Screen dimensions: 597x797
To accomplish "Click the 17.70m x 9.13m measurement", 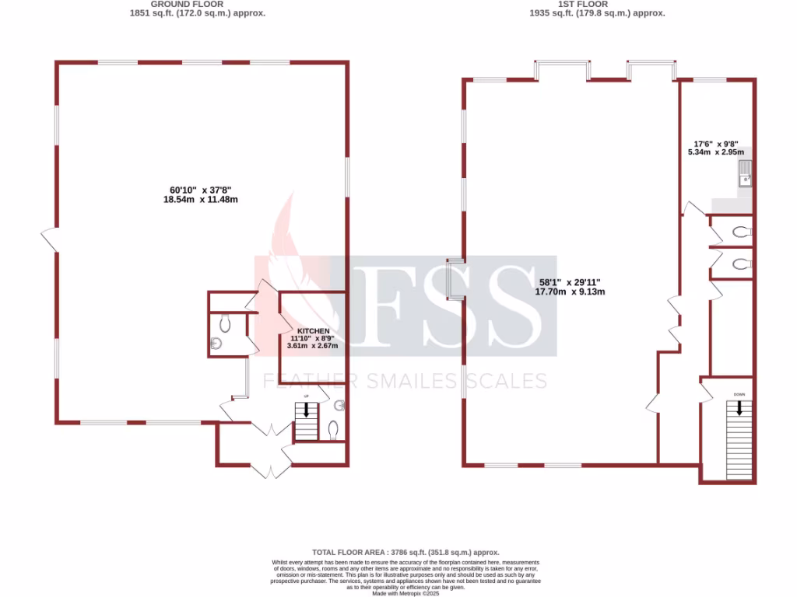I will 570,292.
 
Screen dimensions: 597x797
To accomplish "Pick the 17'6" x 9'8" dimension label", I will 715,144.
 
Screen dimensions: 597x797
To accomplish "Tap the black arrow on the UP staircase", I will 306,410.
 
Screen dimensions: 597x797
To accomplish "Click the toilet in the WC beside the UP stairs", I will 333,429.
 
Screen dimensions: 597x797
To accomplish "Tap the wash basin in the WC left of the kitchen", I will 217,343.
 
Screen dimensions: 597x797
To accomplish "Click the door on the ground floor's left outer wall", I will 50,239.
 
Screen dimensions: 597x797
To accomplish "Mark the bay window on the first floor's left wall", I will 453,279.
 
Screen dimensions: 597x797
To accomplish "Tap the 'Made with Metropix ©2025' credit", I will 406,593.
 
